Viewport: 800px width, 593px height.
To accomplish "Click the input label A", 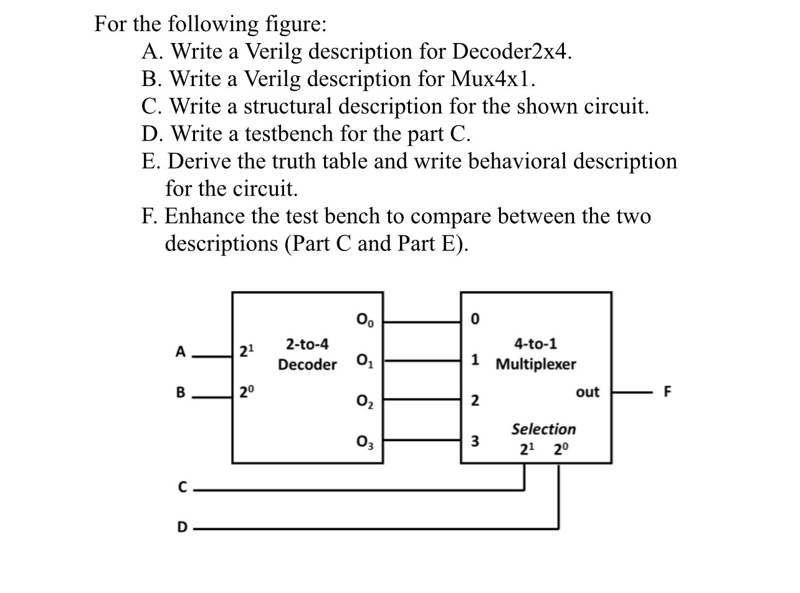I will coord(181,352).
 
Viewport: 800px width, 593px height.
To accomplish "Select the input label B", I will coord(181,392).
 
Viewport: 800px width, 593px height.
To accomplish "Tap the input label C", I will coord(182,488).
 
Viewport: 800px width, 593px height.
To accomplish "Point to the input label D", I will coord(182,528).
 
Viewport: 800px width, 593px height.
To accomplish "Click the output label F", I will coord(668,392).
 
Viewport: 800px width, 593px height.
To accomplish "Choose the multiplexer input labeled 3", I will coord(475,442).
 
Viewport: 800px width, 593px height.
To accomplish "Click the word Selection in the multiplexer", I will coord(543,429).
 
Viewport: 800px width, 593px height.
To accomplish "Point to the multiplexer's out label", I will coord(588,392).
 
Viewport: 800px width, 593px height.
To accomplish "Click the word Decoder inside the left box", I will coord(307,364).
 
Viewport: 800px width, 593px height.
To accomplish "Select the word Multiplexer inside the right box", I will coord(536,364).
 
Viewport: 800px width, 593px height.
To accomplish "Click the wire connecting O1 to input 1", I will coord(422,360).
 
